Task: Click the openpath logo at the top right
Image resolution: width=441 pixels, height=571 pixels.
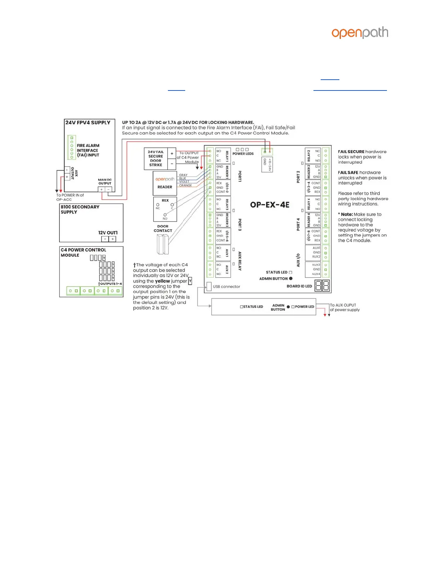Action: [360, 32]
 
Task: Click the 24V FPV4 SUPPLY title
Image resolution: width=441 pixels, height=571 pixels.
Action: [88, 123]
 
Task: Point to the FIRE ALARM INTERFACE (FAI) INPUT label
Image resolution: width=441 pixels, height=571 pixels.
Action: [88, 150]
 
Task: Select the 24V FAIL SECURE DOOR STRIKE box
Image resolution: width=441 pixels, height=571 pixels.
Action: [156, 158]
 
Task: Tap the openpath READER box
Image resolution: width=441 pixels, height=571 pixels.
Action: [165, 183]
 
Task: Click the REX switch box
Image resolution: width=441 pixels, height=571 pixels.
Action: [165, 209]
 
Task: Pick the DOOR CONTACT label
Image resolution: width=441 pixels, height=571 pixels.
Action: [163, 229]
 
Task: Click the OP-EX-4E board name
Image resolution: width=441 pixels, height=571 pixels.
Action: [270, 205]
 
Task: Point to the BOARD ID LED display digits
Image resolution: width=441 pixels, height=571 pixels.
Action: [322, 286]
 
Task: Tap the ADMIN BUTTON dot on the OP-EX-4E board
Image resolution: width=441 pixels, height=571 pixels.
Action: [291, 279]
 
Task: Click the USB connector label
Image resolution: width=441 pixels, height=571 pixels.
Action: [226, 287]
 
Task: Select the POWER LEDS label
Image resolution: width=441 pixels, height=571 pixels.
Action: [243, 154]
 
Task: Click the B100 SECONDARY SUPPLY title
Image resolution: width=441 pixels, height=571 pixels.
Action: [80, 209]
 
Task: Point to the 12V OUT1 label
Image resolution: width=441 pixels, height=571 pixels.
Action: [108, 233]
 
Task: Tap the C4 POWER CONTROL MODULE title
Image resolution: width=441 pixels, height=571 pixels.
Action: [83, 252]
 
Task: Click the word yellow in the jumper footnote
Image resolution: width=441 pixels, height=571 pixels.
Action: [162, 281]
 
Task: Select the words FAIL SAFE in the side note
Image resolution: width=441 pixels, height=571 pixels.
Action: [348, 173]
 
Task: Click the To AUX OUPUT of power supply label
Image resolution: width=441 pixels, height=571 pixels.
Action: [344, 307]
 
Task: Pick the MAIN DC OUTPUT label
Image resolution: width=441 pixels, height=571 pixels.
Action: [105, 181]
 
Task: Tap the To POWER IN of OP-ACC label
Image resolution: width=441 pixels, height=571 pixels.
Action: [70, 197]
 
